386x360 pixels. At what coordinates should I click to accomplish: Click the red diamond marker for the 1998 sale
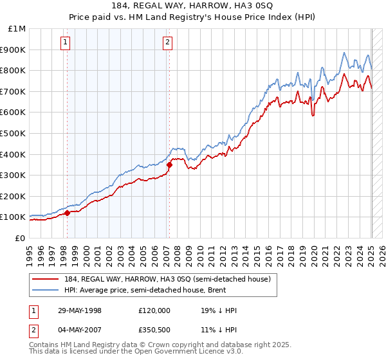[x=67, y=212]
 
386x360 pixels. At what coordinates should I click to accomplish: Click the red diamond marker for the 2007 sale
[x=169, y=165]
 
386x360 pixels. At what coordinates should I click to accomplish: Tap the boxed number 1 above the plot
[x=66, y=43]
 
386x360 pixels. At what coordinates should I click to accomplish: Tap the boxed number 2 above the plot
[x=167, y=43]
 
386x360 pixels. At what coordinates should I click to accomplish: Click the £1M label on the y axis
[x=17, y=28]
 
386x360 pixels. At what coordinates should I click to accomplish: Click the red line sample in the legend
[x=46, y=279]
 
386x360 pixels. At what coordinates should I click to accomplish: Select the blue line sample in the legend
[x=46, y=290]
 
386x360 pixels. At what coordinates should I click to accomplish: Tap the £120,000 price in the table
[x=154, y=310]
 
